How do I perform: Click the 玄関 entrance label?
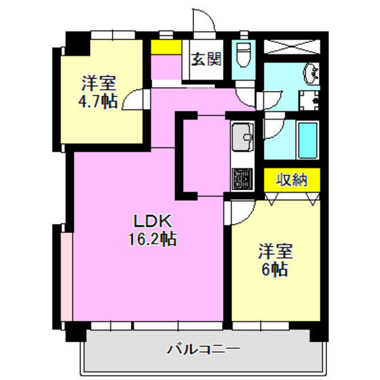point(206,59)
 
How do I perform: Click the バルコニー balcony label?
point(204,350)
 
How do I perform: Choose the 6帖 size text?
point(274,269)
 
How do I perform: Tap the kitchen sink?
point(242,139)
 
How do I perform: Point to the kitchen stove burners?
point(242,178)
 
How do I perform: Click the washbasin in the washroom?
point(311,73)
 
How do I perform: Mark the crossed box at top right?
point(292,47)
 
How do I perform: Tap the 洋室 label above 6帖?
point(275,251)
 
